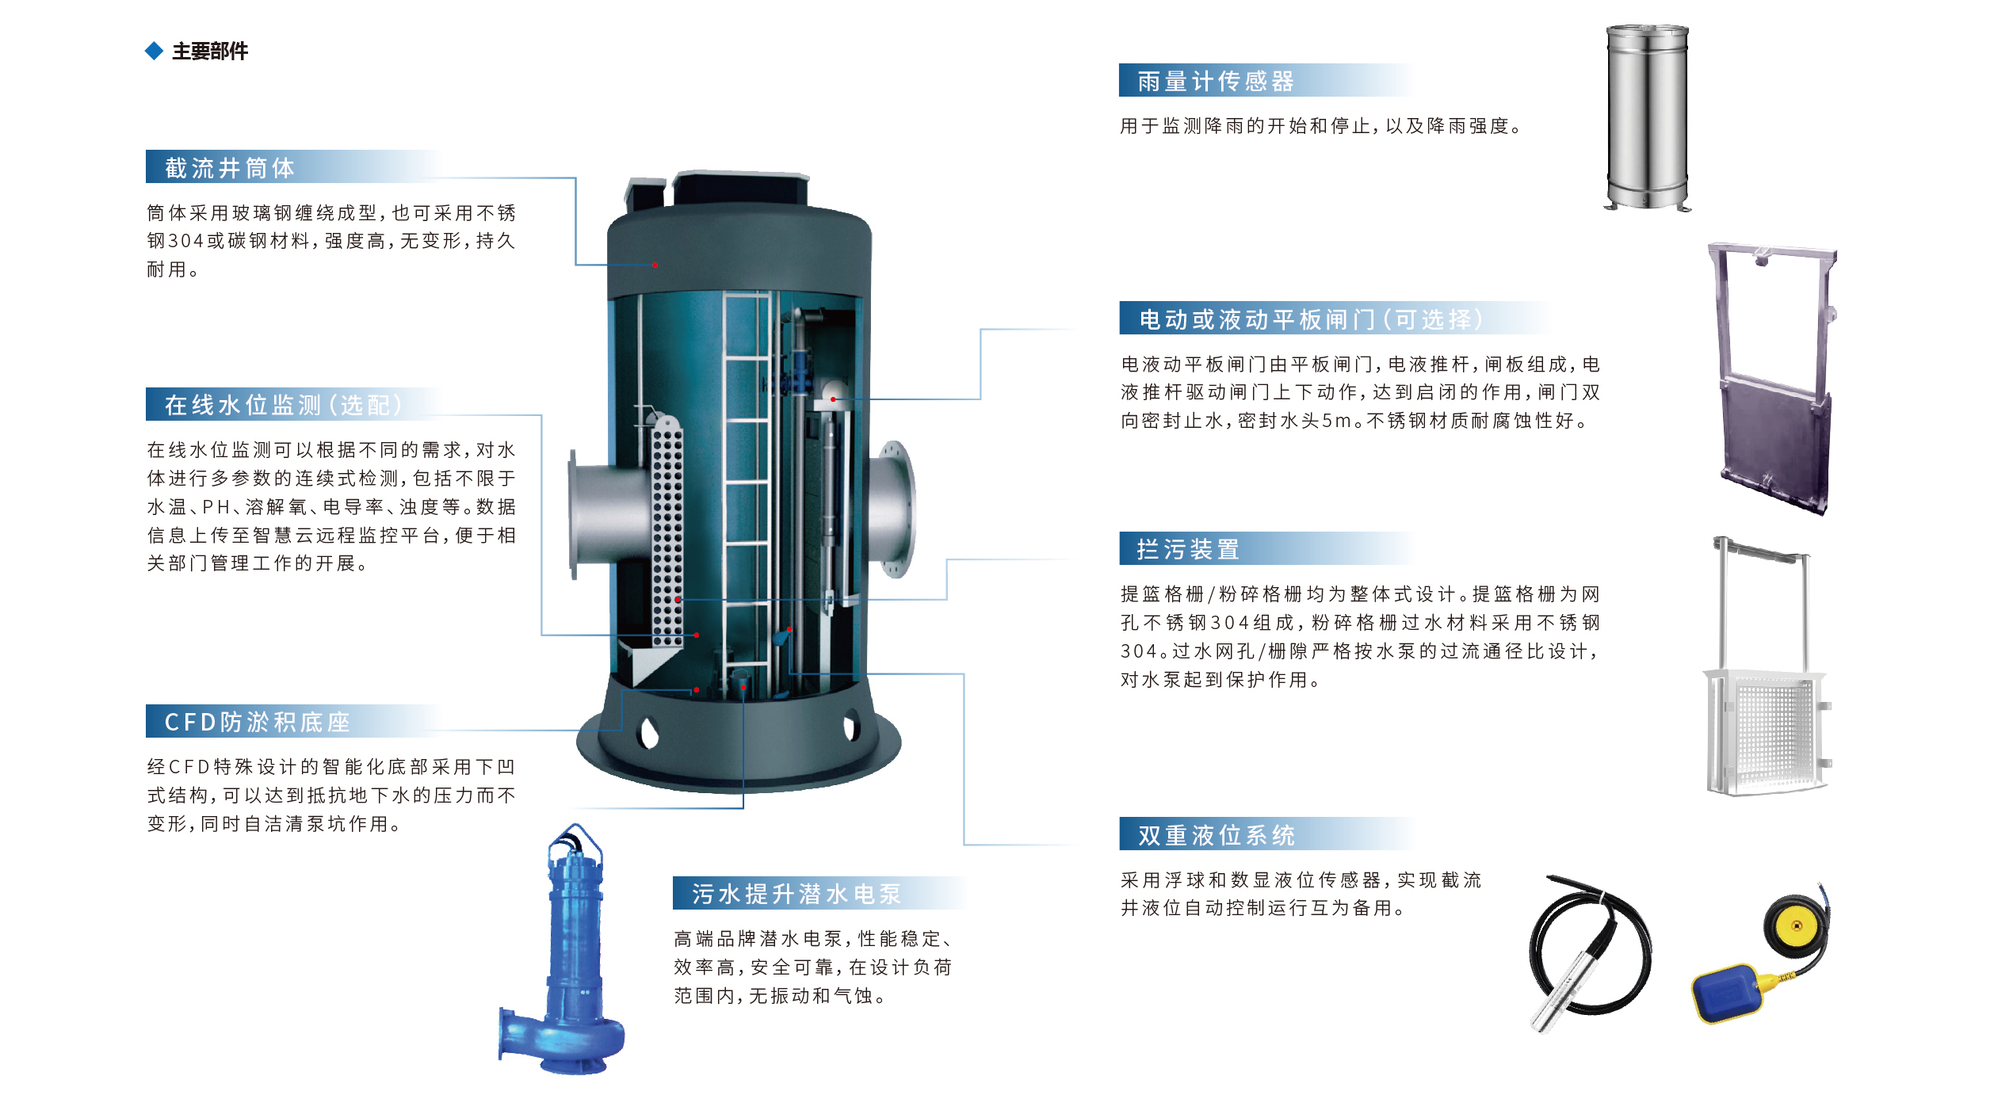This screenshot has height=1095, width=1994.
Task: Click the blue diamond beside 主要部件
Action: pyautogui.click(x=154, y=52)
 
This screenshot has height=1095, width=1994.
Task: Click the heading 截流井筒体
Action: pyautogui.click(x=230, y=168)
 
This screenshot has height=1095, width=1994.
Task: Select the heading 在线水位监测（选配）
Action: pyautogui.click(x=283, y=405)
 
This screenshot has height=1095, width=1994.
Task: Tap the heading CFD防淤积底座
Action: pyautogui.click(x=257, y=722)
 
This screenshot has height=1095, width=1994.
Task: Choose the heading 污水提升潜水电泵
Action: pyautogui.click(x=796, y=894)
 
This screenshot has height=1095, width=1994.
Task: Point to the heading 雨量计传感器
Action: pyautogui.click(x=1215, y=81)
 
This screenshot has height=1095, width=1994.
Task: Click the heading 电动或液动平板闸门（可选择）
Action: pyautogui.click(x=1311, y=319)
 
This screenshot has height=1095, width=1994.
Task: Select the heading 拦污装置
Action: pyautogui.click(x=1188, y=549)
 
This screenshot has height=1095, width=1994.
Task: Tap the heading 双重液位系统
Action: pyautogui.click(x=1216, y=835)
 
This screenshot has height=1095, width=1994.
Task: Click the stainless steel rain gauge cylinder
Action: pyautogui.click(x=1647, y=117)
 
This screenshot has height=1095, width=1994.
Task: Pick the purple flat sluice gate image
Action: pyautogui.click(x=1776, y=380)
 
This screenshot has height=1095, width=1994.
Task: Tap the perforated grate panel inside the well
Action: pyautogui.click(x=667, y=531)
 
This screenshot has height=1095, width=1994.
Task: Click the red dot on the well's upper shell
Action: pyautogui.click(x=655, y=265)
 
